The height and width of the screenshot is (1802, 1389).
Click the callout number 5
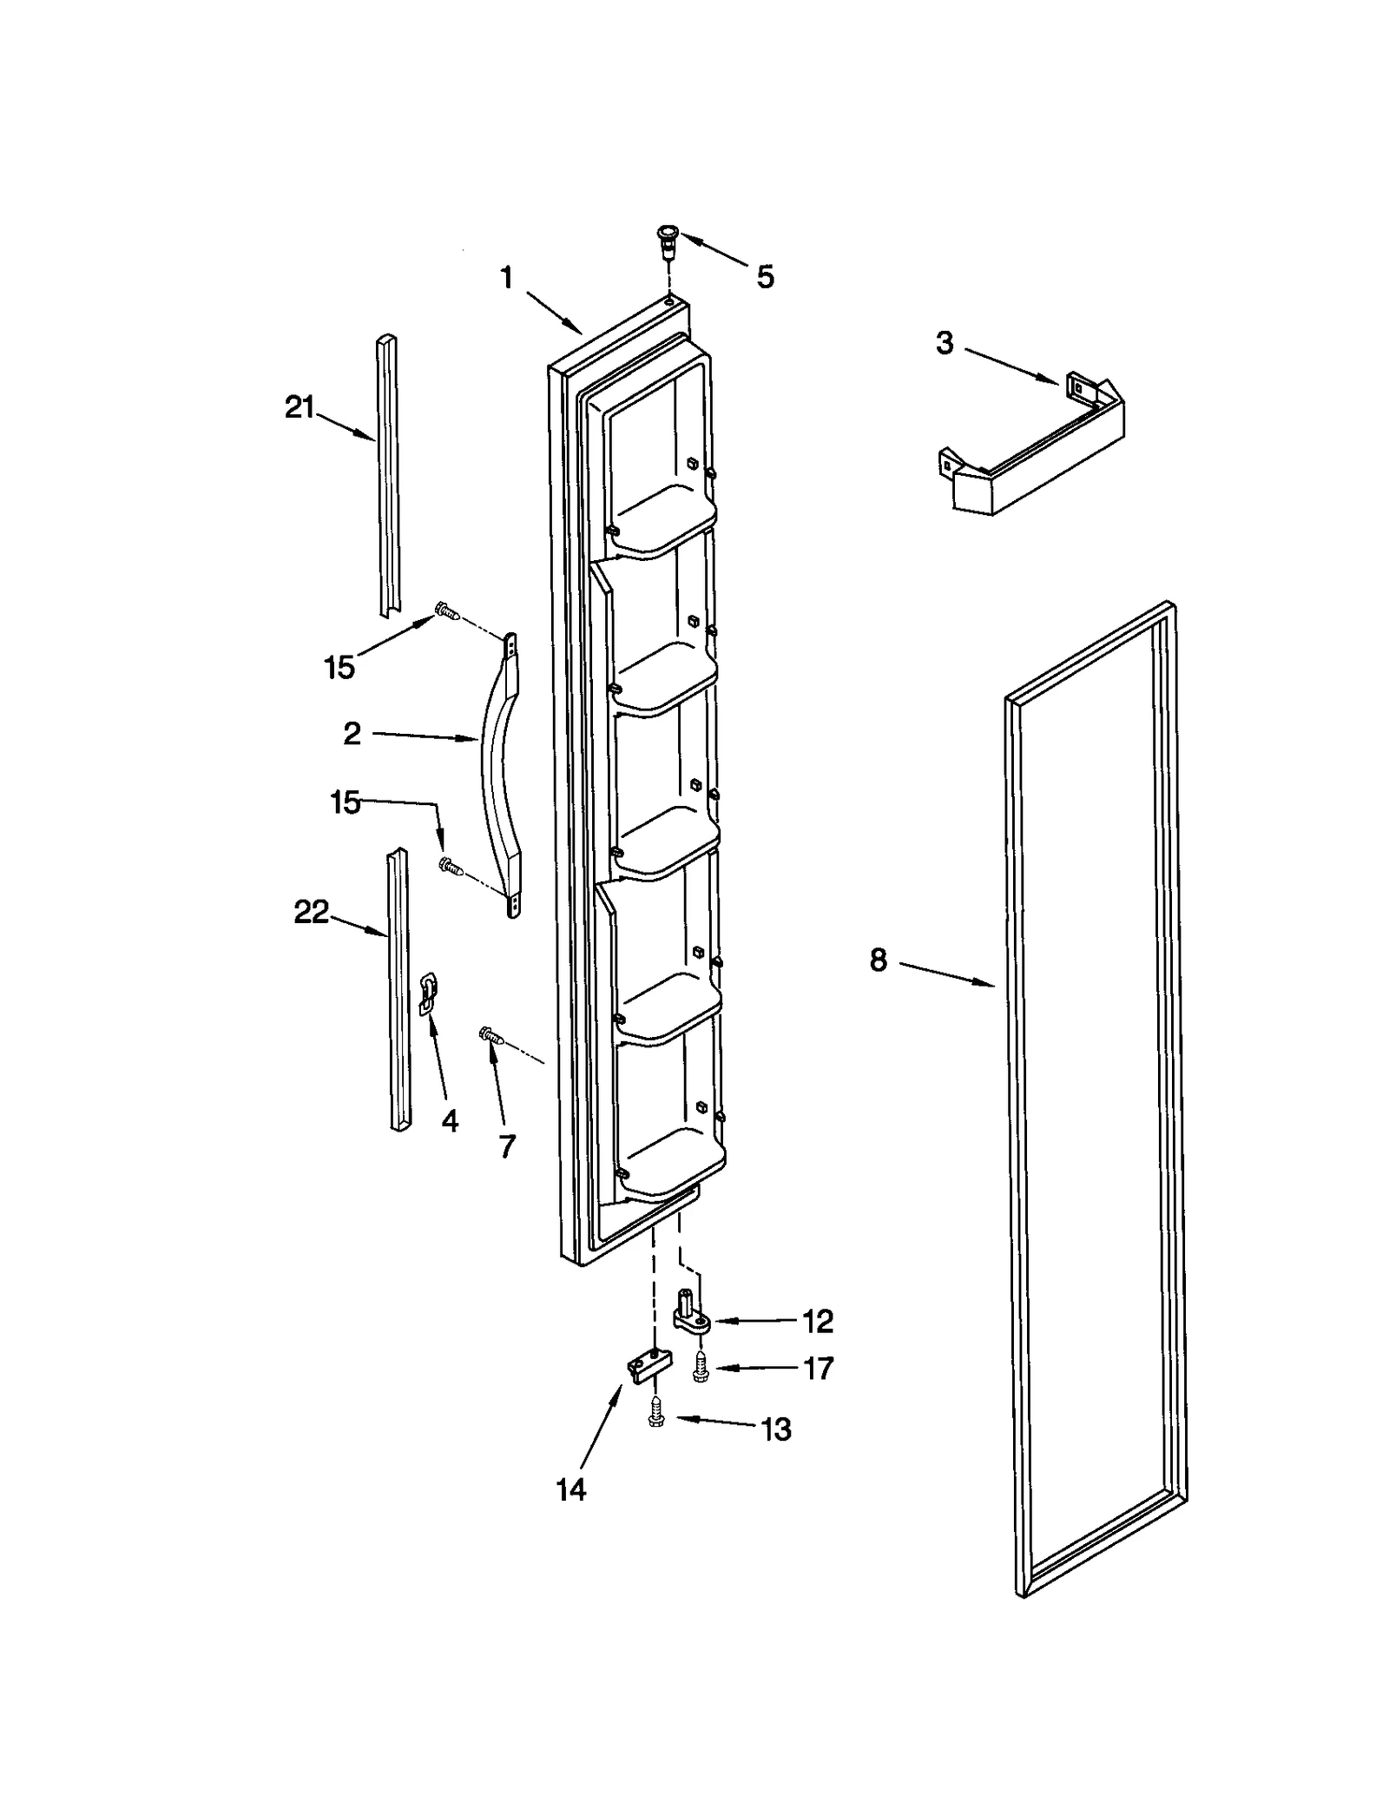point(764,277)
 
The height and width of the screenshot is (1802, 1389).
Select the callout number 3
point(945,343)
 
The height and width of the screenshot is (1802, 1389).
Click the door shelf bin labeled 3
point(1033,447)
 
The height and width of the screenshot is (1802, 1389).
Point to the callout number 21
point(300,406)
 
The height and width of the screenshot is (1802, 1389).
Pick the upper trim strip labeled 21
point(388,478)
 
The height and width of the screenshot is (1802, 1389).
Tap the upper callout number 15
point(339,667)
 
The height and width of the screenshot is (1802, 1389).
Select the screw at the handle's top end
point(447,612)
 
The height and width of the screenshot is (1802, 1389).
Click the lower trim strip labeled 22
point(399,990)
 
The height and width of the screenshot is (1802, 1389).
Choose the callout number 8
point(878,960)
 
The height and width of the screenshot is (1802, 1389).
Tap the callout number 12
point(817,1321)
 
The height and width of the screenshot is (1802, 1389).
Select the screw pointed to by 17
point(699,1370)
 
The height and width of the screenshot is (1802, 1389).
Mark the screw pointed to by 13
point(656,1419)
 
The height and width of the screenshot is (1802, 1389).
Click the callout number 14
point(570,1489)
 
